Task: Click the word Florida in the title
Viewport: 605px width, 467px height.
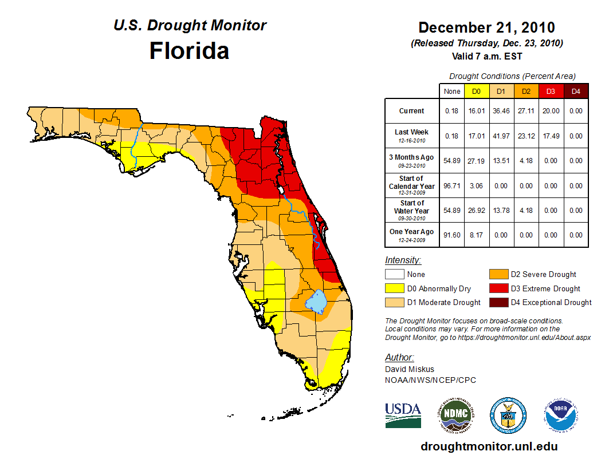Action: point(189,51)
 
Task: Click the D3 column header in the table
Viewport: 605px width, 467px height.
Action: point(550,91)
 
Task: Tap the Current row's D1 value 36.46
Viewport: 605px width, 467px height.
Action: point(501,111)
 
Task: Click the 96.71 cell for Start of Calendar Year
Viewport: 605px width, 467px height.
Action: point(452,185)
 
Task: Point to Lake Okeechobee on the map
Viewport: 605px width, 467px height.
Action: point(316,300)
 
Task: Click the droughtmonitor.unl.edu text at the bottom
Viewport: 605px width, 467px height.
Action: point(489,446)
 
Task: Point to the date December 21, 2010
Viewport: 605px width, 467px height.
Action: point(486,27)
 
